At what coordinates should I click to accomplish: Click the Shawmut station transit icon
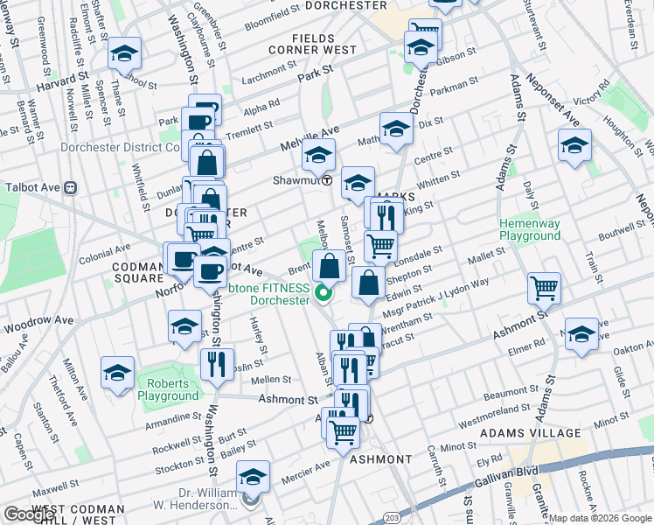pos(327,181)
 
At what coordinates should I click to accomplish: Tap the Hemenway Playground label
pos(529,229)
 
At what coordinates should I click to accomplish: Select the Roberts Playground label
pos(172,389)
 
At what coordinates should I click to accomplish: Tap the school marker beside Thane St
pos(124,53)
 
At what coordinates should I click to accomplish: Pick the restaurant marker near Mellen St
pos(216,362)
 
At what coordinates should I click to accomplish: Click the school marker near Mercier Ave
pos(253,476)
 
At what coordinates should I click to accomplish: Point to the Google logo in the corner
pos(29,514)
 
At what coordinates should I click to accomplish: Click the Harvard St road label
pos(64,87)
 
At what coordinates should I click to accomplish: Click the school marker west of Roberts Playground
pos(117,373)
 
